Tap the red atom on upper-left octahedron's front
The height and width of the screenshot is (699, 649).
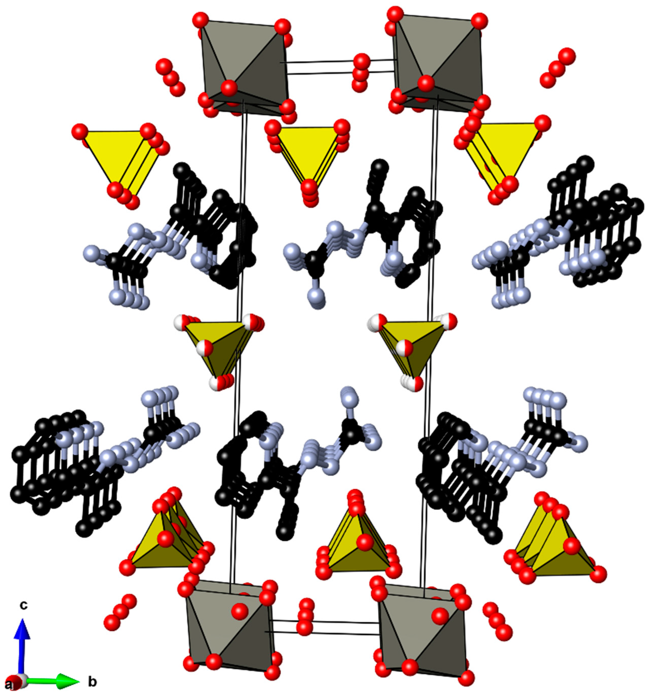229,86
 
